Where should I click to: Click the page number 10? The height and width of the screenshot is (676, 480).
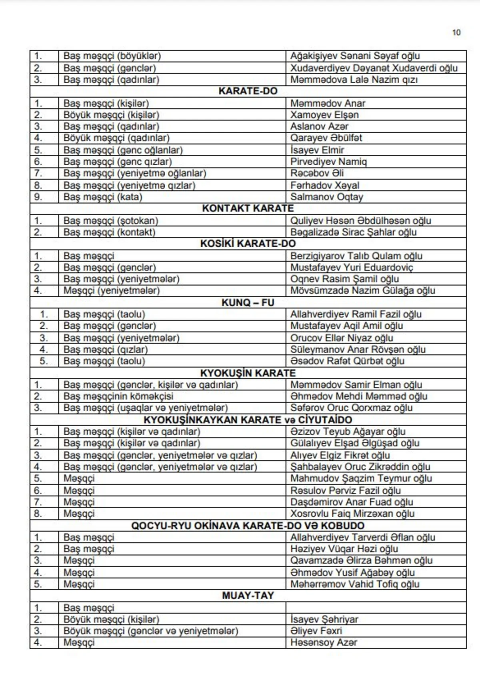456,33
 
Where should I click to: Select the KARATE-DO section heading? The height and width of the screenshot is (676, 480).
248,91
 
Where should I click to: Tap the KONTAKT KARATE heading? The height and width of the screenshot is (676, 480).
248,208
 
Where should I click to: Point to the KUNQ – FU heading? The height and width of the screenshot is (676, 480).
248,302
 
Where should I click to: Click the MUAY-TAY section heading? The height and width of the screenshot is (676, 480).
248,596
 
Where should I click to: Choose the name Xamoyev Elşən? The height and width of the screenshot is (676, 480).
324,115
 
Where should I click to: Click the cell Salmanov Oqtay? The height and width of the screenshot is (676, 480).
326,197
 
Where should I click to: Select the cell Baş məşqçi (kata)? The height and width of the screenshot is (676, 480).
103,197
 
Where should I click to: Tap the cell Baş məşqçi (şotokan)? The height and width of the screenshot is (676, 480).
110,220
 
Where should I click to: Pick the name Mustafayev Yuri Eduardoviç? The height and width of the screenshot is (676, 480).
351,267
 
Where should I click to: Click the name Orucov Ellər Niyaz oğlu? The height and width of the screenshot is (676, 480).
342,338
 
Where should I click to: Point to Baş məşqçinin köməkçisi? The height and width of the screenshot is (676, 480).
118,396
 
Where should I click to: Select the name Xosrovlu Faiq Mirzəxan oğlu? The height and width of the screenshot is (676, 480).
352,514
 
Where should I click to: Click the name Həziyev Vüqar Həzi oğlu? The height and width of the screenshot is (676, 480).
344,549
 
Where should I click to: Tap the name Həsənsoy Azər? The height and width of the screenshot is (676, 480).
323,642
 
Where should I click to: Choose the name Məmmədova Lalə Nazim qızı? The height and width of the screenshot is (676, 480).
354,80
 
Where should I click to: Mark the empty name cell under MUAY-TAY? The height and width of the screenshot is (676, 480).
376,608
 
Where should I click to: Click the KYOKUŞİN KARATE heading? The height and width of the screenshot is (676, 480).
248,373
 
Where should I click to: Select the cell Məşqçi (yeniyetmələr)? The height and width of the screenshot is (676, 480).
111,290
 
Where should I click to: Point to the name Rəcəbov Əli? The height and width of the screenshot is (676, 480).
317,173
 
